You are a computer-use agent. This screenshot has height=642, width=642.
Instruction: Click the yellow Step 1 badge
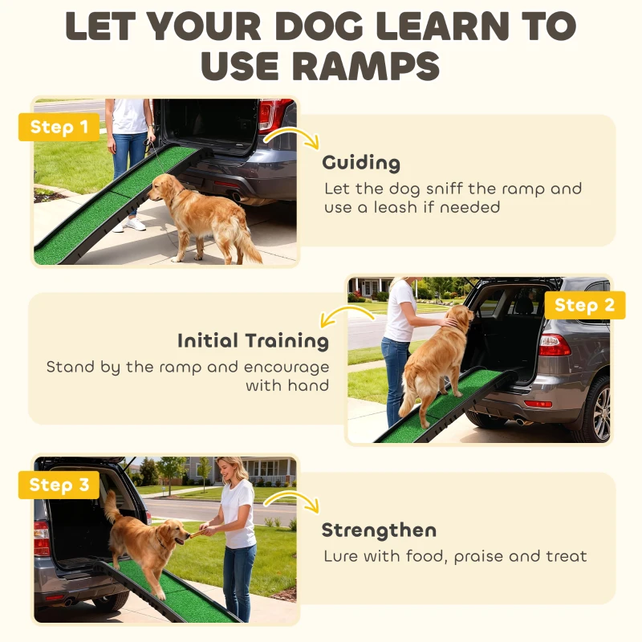[x=59, y=127]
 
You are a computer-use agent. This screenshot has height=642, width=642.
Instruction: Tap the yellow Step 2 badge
[x=584, y=305]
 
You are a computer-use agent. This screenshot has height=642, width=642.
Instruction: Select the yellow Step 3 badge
[x=59, y=485]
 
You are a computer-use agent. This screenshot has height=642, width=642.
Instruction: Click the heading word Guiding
[x=361, y=163]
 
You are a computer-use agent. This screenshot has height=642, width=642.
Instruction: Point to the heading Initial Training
[x=253, y=340]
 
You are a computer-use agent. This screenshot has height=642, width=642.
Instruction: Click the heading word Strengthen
[x=379, y=530]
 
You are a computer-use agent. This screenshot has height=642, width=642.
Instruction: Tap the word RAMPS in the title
[x=321, y=66]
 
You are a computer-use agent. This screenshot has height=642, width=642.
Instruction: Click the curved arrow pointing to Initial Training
[x=337, y=316]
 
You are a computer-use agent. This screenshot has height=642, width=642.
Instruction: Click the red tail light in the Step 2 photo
[x=555, y=345]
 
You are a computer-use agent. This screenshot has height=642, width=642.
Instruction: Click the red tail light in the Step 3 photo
[x=41, y=537]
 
